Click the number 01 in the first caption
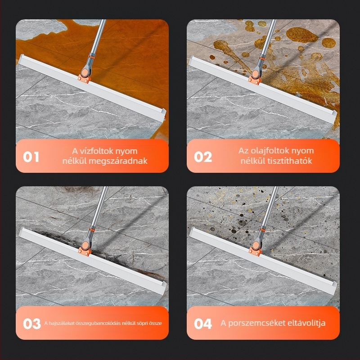tap(31, 157)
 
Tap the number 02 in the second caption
tap(203, 157)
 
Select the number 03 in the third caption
tap(31, 324)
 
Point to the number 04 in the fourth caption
tap(203, 324)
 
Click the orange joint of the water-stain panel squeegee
tap(84, 78)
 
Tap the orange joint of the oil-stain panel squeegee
tap(255, 80)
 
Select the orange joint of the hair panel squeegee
tap(85, 251)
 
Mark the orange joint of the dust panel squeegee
tap(255, 251)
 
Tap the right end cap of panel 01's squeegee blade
tap(163, 113)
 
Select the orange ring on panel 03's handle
tap(92, 229)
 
